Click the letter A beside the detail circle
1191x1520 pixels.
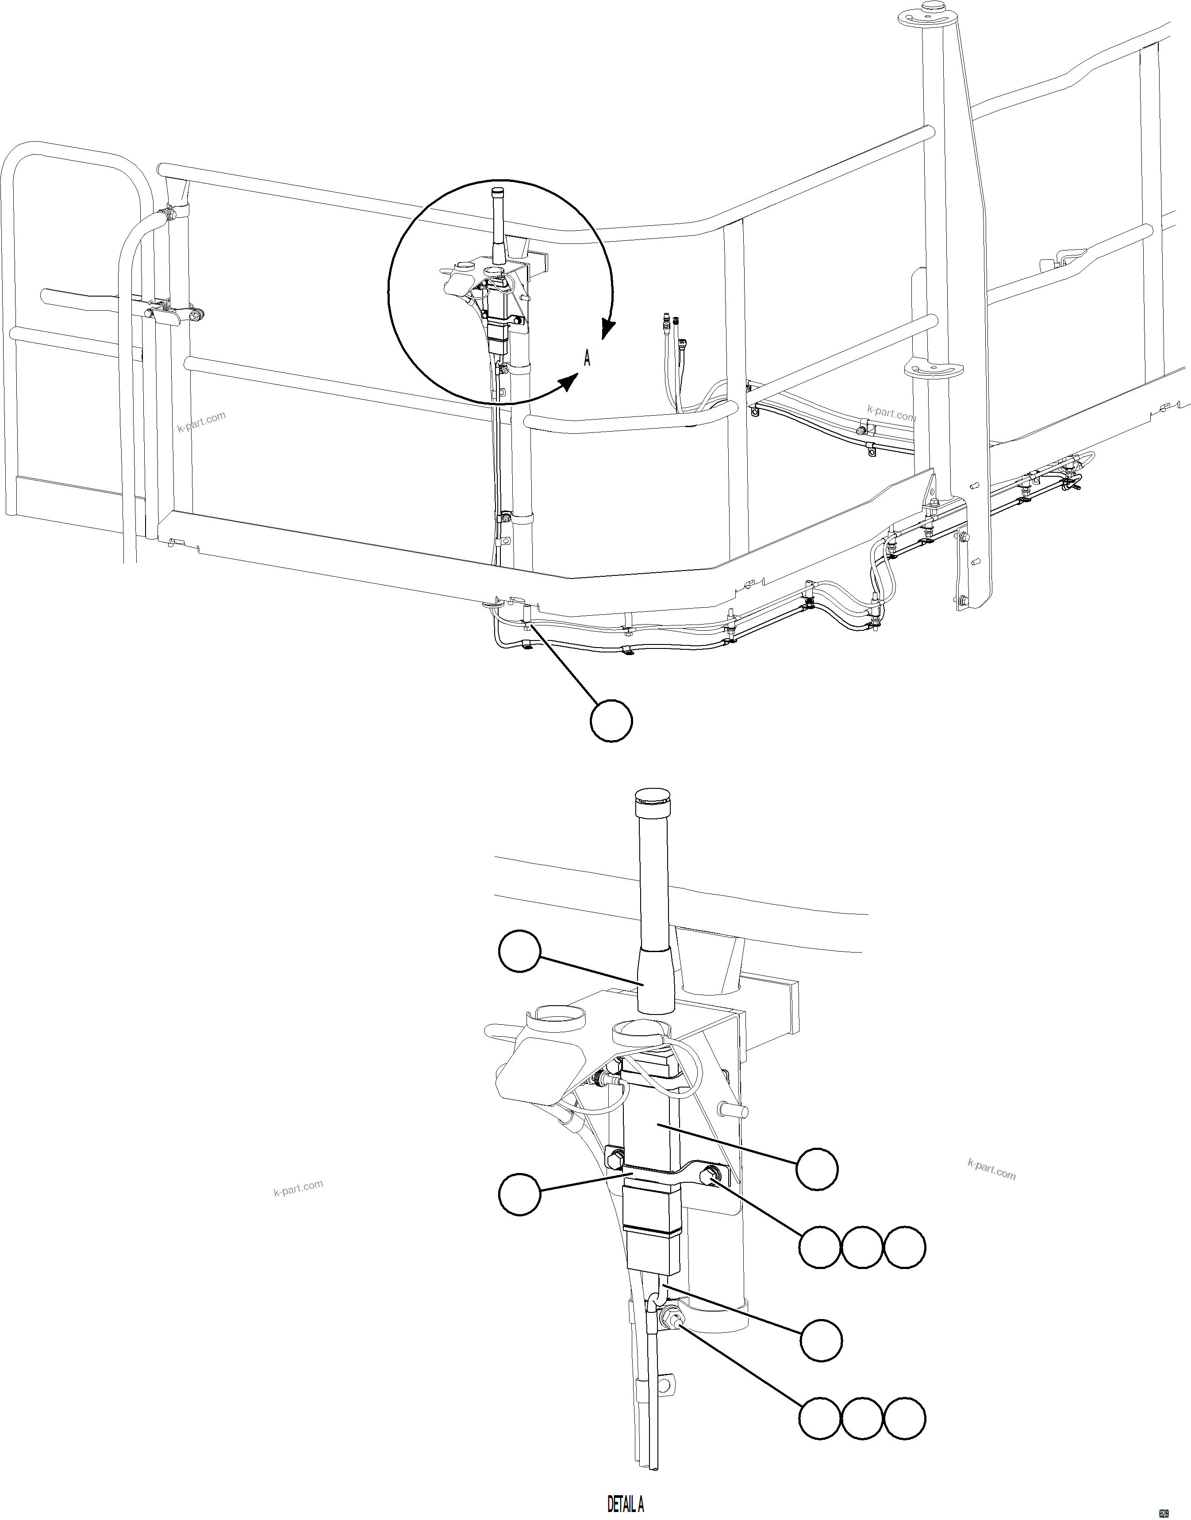tap(587, 359)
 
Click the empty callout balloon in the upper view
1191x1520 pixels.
tap(611, 721)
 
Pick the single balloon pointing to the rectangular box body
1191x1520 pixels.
tap(817, 1169)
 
